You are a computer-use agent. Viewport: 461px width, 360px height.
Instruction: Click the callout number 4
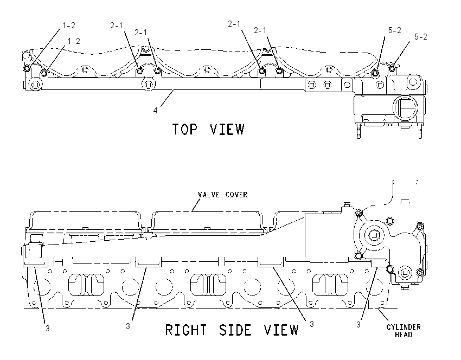coord(155,110)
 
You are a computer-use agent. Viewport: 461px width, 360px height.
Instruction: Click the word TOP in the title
coord(184,129)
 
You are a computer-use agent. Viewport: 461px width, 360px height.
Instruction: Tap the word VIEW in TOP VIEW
coord(227,129)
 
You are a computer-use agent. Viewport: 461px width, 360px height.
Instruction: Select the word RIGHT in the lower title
coord(186,330)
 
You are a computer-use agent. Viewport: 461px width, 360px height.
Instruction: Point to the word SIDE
coord(235,330)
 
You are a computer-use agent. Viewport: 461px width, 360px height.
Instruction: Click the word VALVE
coord(208,195)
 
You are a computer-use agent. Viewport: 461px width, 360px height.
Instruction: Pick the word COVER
coord(236,195)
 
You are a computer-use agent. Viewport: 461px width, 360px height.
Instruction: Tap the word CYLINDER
coord(404,327)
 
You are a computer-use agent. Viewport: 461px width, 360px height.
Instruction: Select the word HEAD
coord(404,335)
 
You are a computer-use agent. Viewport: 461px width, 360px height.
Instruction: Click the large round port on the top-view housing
coord(406,107)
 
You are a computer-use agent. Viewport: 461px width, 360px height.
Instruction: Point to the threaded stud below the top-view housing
coord(358,131)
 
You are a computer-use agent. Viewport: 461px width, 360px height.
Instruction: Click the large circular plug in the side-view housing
coord(374,235)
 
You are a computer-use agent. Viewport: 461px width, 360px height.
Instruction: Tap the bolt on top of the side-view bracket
coord(347,204)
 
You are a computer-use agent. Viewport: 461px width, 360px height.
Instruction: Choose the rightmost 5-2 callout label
coord(421,37)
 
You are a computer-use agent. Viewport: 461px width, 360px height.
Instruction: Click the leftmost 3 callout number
coord(48,328)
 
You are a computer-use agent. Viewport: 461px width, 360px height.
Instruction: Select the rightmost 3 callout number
coord(358,324)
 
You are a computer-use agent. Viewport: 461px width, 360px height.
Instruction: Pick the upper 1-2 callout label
coord(69,25)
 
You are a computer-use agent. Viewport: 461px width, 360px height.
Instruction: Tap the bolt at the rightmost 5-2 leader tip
coord(392,68)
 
